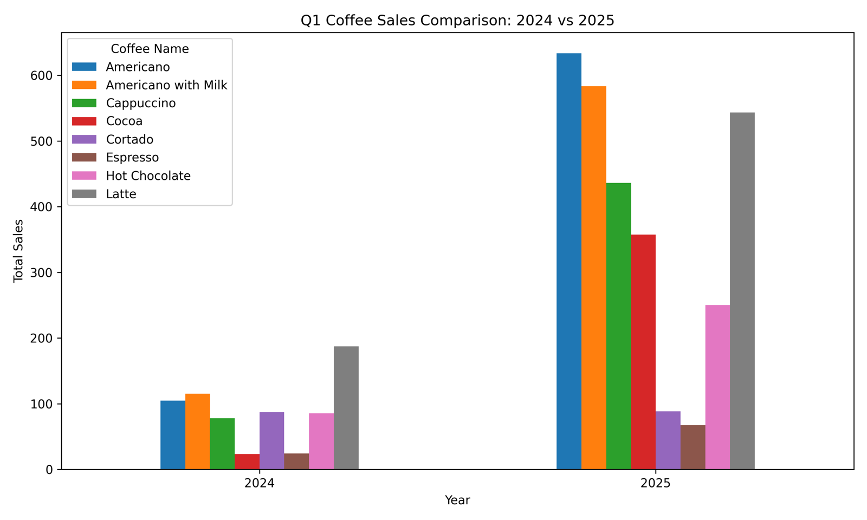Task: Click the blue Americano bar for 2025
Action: coord(569,262)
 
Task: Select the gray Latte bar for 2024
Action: coord(346,408)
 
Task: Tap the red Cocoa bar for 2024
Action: coord(247,462)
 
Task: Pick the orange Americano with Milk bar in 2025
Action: coord(594,278)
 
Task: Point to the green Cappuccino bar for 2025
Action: coord(618,326)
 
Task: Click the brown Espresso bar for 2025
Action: coord(693,447)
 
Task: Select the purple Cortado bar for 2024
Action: coord(271,441)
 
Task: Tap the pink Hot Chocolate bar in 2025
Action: coord(717,387)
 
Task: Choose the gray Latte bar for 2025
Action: coord(742,291)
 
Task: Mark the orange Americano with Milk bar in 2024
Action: coord(197,432)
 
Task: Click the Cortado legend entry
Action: coord(113,139)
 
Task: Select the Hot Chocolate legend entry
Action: coord(131,175)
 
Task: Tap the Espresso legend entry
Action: coord(115,158)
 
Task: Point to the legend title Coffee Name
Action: coord(150,49)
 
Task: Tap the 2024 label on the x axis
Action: coord(260,483)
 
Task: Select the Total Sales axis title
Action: coord(18,251)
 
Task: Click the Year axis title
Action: coord(457,500)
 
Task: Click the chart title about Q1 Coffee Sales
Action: coord(457,20)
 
